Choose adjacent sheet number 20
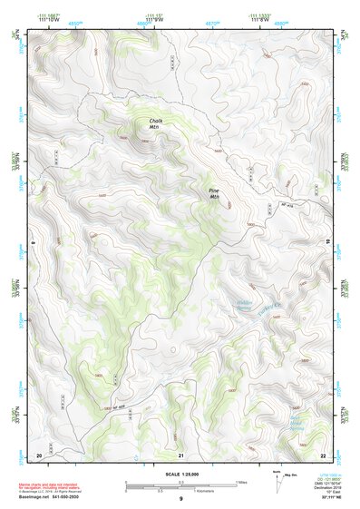(x=38, y=455)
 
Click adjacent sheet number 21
(x=181, y=455)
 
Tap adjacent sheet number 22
(x=323, y=455)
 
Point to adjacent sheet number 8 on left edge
(x=33, y=243)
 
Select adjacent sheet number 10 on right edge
(x=328, y=243)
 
